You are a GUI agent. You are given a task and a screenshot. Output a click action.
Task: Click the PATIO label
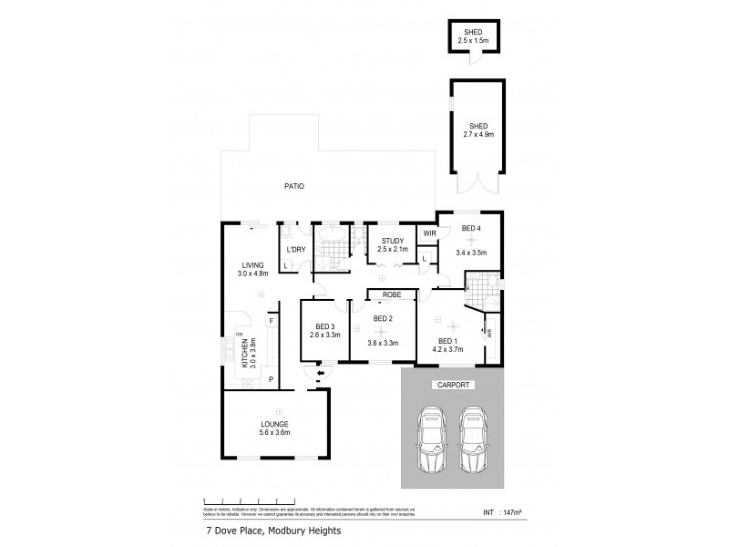tap(292, 186)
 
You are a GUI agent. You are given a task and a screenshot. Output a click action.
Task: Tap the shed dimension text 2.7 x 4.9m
tap(478, 134)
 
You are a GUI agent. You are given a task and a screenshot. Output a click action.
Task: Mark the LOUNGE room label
tap(274, 424)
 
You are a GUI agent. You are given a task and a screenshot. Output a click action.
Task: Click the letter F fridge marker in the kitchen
tap(271, 321)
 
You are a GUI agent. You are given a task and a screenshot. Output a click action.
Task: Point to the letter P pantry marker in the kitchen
tap(271, 378)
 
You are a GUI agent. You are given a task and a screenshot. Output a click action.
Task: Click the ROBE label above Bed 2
tap(393, 295)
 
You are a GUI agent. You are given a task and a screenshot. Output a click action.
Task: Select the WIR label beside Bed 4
tap(430, 234)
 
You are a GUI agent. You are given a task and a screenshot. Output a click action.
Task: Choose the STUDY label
tap(392, 241)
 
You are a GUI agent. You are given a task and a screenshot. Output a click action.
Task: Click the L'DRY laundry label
tap(295, 249)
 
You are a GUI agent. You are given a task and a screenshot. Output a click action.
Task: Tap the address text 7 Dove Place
tap(233, 531)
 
